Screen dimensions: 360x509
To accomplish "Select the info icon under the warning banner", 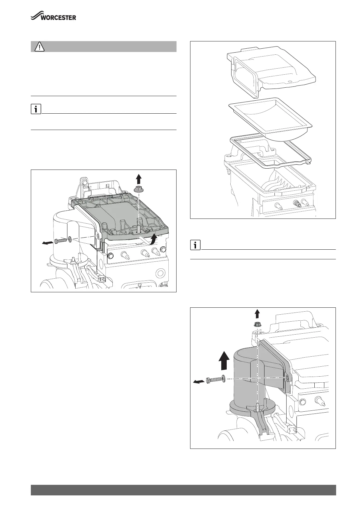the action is coord(36,109).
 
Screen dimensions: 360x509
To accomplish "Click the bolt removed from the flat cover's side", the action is coord(60,241).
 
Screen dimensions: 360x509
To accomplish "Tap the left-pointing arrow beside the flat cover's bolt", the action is coord(47,243).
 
